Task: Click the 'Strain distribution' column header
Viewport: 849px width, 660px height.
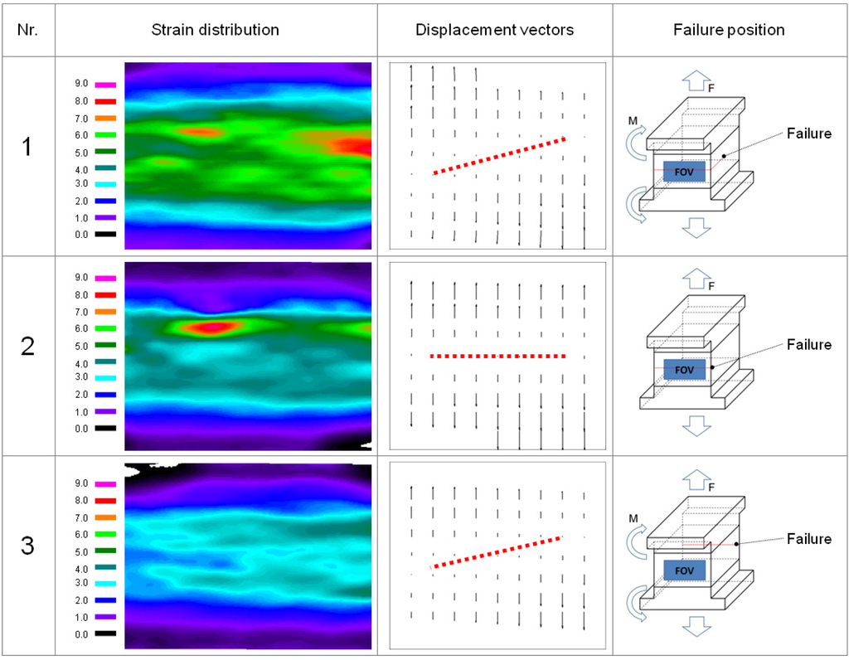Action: [215, 30]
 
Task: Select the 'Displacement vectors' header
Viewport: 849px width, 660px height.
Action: [495, 30]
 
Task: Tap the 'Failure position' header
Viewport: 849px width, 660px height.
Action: [729, 30]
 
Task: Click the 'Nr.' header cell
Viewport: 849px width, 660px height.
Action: [28, 30]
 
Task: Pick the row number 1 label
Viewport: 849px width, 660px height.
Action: [28, 148]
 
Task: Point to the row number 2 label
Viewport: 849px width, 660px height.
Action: [28, 347]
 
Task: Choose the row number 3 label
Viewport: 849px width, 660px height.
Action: [28, 547]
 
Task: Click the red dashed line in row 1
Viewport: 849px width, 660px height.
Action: [499, 156]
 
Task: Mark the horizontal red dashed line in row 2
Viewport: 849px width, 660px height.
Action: [498, 357]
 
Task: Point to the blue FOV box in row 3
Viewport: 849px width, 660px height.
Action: [684, 570]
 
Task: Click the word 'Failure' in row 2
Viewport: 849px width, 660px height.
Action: [808, 345]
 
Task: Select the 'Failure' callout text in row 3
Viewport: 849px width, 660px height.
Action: [808, 539]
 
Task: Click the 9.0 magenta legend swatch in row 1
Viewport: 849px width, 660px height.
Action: [105, 84]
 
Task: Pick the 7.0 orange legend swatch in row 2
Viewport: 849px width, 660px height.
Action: [105, 313]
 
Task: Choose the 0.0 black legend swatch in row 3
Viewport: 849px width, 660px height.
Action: [105, 634]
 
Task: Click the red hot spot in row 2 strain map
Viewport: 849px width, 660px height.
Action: [212, 327]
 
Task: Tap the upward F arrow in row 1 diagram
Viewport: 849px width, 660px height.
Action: [693, 80]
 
